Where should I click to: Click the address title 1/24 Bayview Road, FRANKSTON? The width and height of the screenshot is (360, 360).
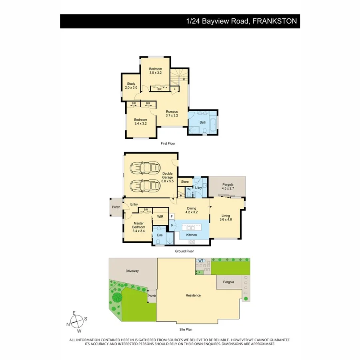pyautogui.click(x=242, y=21)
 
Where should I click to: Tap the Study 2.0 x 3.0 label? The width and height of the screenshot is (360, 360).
pyautogui.click(x=131, y=86)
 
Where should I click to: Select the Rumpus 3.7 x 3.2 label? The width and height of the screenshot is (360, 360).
pyautogui.click(x=172, y=113)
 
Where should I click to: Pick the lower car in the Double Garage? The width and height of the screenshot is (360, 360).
pyautogui.click(x=146, y=186)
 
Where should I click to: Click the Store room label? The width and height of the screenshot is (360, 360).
pyautogui.click(x=184, y=182)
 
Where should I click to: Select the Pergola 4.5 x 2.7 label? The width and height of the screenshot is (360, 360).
pyautogui.click(x=227, y=186)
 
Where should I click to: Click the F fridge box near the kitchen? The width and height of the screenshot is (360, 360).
pyautogui.click(x=172, y=216)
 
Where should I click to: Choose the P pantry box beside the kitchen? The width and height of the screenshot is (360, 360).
pyautogui.click(x=172, y=226)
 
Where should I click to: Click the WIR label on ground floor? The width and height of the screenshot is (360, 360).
pyautogui.click(x=160, y=216)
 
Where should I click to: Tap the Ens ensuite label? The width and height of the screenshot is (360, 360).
pyautogui.click(x=160, y=235)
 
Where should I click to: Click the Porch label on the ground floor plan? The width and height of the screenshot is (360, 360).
pyautogui.click(x=116, y=207)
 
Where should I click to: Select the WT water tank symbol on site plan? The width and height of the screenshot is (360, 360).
pyautogui.click(x=201, y=261)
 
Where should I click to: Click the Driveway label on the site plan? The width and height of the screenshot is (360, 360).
pyautogui.click(x=132, y=271)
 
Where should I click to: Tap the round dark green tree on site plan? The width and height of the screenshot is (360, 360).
pyautogui.click(x=116, y=297)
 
